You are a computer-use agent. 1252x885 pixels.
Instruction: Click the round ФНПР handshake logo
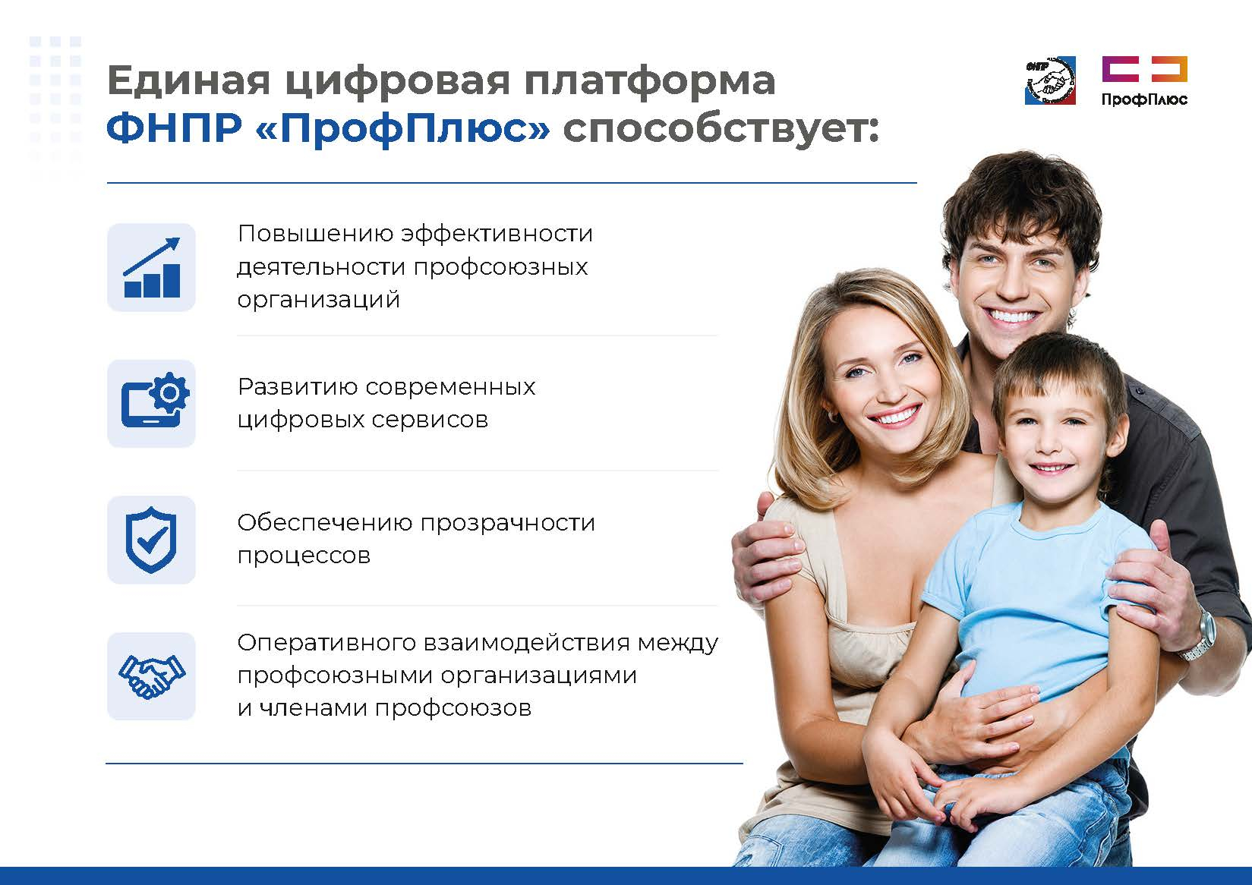click(x=1050, y=81)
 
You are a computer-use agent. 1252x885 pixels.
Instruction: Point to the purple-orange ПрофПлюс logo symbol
click(x=1145, y=69)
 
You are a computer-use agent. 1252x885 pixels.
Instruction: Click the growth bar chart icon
click(x=151, y=268)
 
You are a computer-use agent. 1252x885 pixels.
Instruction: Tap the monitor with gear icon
click(x=155, y=400)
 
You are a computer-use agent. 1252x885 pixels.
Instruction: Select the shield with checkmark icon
click(x=151, y=540)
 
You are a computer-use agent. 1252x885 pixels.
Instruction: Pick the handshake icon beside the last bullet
click(x=151, y=676)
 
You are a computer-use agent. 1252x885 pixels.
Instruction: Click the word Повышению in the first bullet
click(x=316, y=234)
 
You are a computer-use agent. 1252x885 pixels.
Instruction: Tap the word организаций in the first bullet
click(x=319, y=300)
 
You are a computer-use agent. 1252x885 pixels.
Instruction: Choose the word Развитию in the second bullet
click(x=298, y=387)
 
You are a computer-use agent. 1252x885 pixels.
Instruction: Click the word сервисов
click(x=430, y=420)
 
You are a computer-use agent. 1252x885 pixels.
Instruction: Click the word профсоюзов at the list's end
click(x=453, y=708)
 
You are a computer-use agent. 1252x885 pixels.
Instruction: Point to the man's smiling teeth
click(x=1011, y=317)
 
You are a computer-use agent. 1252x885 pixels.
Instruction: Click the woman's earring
click(x=831, y=415)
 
